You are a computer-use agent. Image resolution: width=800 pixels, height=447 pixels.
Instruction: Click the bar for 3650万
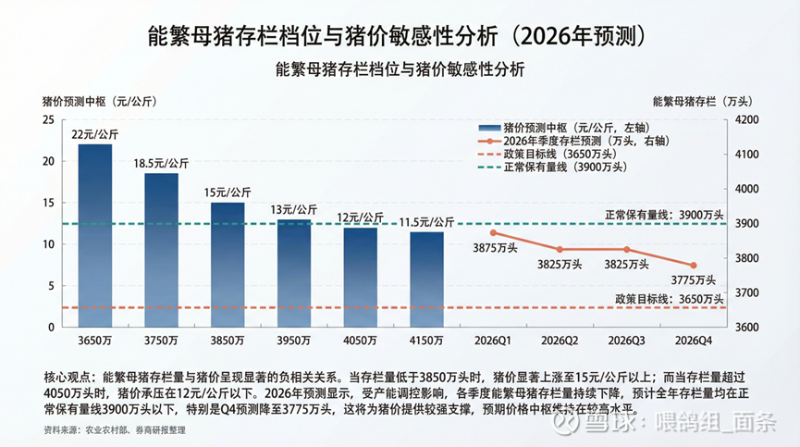click(95, 235)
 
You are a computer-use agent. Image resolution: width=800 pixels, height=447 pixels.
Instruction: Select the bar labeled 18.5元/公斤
click(162, 250)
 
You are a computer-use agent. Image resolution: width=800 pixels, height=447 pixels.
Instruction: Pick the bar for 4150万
click(426, 279)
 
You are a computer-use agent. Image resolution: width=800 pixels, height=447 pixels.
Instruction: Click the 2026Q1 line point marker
click(493, 232)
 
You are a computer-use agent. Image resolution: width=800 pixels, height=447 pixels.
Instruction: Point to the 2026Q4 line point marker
click(693, 266)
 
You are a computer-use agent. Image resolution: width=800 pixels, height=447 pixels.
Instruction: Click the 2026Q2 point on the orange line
click(560, 250)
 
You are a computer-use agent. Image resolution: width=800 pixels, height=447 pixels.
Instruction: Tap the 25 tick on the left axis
click(47, 120)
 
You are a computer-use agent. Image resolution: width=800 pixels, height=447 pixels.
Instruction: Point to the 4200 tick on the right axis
click(746, 120)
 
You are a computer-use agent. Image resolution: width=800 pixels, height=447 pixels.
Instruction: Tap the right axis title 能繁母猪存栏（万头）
click(701, 100)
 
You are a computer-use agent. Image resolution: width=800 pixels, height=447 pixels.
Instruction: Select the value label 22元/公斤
click(95, 134)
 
